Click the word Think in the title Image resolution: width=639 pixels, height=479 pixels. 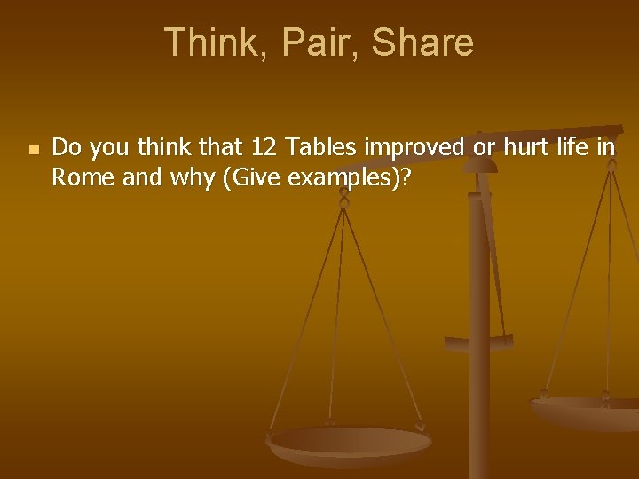coord(207,43)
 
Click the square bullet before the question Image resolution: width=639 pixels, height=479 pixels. coord(33,150)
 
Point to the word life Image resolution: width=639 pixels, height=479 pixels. coord(572,147)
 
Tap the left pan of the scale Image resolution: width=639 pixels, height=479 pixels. coord(350,444)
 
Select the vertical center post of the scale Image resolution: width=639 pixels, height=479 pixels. coord(479,355)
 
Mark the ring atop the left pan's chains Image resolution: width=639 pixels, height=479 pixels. coord(344,201)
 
